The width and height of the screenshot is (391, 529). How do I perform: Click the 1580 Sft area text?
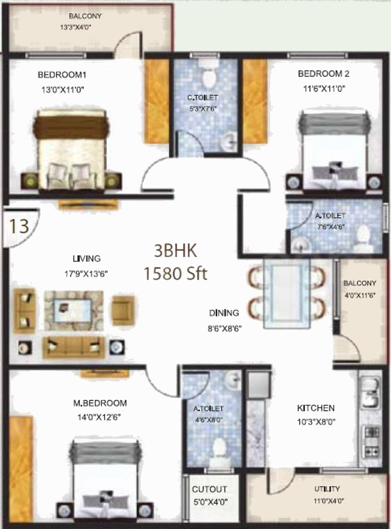(x=176, y=273)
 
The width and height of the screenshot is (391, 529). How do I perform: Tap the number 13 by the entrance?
(x=19, y=226)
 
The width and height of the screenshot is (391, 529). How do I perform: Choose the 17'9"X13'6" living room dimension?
(x=86, y=274)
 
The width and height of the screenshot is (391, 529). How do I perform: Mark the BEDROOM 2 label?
(x=324, y=74)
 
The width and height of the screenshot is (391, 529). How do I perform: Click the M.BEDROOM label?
(x=100, y=403)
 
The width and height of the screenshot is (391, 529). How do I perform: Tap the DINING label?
(x=224, y=313)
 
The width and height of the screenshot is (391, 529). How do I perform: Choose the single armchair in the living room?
(x=123, y=310)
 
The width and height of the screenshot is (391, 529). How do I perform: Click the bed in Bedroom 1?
(x=72, y=151)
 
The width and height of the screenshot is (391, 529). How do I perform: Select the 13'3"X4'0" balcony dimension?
(x=76, y=27)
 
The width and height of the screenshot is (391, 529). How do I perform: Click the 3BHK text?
(x=176, y=251)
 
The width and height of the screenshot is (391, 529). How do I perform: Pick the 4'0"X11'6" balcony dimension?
(x=359, y=295)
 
